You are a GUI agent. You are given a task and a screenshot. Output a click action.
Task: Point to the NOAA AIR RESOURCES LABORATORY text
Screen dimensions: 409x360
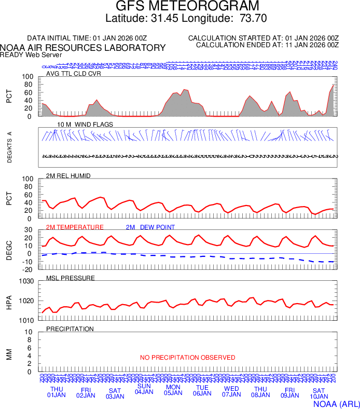click(83, 48)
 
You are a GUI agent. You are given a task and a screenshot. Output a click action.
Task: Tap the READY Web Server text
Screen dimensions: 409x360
click(31, 54)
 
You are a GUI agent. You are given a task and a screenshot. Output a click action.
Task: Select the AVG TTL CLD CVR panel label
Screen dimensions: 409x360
click(74, 74)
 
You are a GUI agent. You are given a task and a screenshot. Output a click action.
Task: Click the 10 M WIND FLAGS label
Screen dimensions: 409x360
click(86, 125)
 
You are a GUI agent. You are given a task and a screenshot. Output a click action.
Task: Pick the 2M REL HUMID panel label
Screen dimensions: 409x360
click(68, 176)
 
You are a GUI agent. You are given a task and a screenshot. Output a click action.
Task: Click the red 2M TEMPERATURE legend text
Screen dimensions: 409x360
click(75, 227)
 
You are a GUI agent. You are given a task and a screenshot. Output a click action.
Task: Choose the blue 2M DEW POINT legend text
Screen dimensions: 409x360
click(150, 227)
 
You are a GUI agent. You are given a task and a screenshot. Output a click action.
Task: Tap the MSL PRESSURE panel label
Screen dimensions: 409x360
click(71, 278)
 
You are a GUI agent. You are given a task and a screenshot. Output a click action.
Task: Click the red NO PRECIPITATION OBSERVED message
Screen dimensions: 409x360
click(187, 358)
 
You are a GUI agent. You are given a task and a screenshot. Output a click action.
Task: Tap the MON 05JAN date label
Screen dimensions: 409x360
click(173, 390)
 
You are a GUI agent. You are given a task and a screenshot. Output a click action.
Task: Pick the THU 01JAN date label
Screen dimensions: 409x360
click(57, 392)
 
